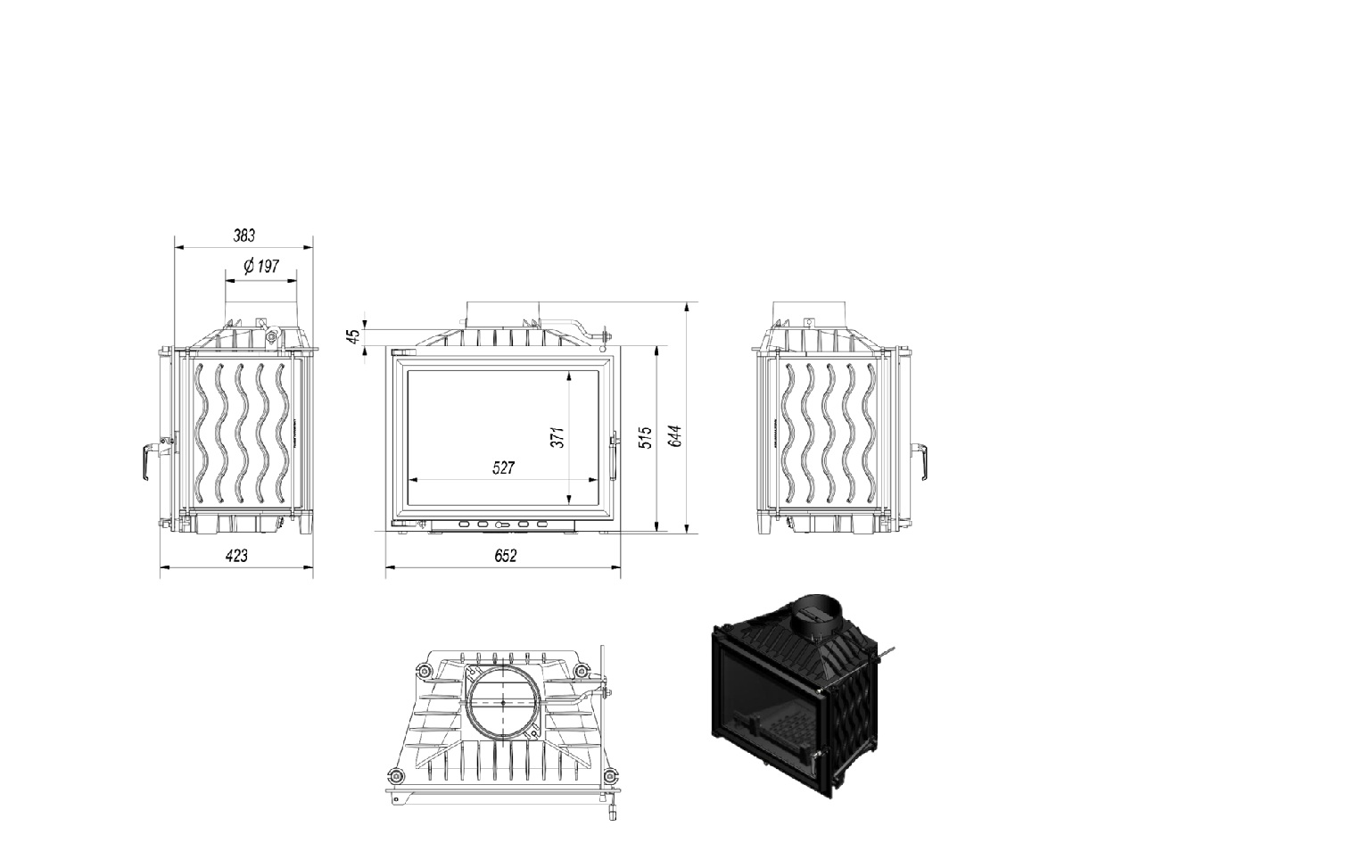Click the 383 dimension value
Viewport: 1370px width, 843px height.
coord(244,235)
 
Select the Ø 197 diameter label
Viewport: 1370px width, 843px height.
coord(261,266)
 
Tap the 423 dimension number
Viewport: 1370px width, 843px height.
coord(236,556)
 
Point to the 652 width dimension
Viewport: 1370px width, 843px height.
coord(505,556)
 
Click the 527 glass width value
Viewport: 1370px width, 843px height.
coord(503,468)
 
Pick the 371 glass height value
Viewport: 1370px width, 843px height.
coord(557,437)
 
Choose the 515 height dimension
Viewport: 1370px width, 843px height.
coord(645,438)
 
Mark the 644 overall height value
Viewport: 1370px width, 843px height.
coord(674,435)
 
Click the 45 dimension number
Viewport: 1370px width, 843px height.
coord(353,335)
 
